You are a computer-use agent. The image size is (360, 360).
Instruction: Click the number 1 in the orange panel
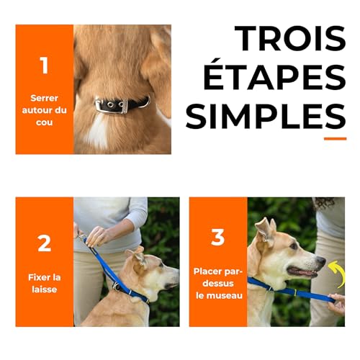click(x=44, y=66)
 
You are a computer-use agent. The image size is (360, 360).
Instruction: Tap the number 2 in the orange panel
click(x=44, y=243)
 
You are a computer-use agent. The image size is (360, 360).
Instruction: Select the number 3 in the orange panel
click(x=218, y=238)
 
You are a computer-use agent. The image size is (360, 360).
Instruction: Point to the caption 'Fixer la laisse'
click(x=44, y=284)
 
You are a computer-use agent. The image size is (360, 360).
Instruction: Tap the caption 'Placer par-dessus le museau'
click(x=218, y=282)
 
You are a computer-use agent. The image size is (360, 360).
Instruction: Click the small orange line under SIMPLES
click(x=335, y=138)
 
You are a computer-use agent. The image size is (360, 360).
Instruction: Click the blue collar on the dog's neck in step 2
click(x=130, y=292)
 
